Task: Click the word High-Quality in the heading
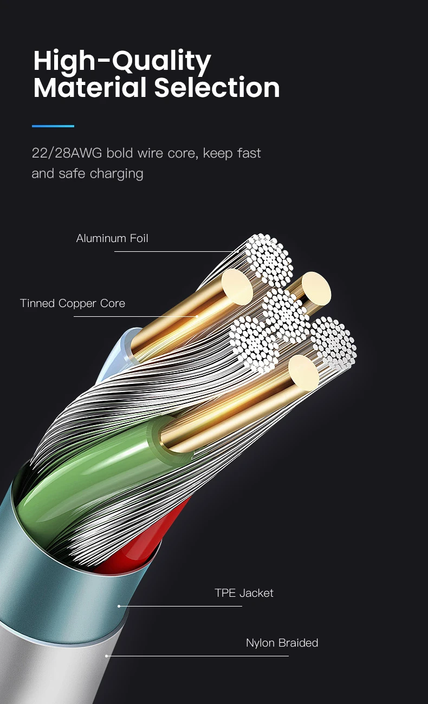(122, 62)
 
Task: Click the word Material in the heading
(90, 88)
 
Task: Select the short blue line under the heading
(53, 126)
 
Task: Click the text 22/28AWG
(67, 153)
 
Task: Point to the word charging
(116, 174)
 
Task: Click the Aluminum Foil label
(112, 238)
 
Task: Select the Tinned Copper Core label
(73, 303)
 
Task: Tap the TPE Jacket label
(244, 593)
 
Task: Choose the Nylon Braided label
(282, 643)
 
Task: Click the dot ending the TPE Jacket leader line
(119, 606)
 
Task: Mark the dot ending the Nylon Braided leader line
(107, 656)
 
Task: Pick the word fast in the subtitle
(249, 153)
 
